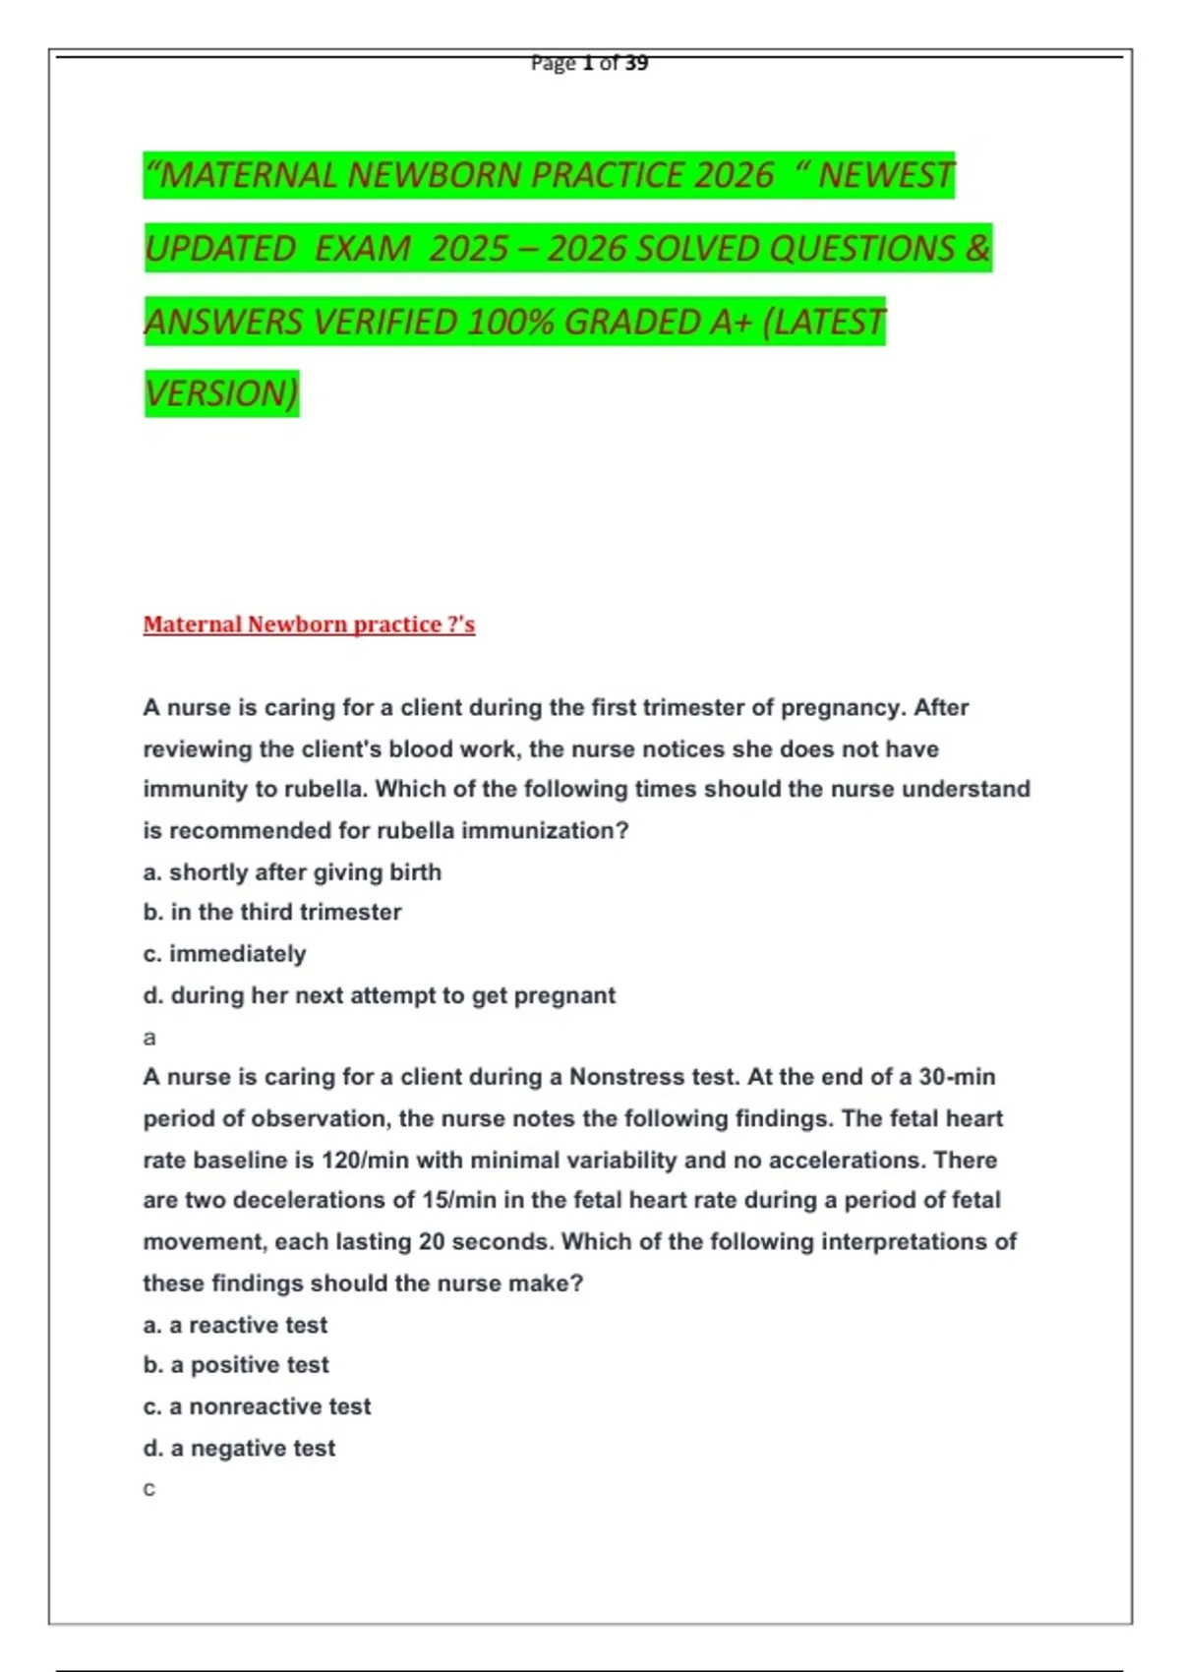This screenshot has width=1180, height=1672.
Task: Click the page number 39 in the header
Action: (636, 63)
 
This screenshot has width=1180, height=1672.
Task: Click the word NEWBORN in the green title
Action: (434, 175)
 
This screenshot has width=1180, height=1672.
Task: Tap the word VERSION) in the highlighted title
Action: (221, 393)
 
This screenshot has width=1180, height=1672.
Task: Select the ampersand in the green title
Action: (977, 248)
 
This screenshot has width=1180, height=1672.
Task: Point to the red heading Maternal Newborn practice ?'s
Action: (309, 625)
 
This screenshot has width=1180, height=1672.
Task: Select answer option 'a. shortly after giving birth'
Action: (292, 872)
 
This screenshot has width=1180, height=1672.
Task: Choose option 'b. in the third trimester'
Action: (272, 913)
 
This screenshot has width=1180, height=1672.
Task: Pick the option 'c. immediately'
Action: (224, 954)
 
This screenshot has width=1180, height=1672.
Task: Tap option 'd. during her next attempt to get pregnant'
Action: (379, 995)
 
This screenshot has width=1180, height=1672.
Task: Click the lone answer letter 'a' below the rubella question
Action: (149, 1038)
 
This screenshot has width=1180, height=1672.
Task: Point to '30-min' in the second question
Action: (956, 1077)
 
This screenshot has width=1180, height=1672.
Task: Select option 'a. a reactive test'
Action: (235, 1325)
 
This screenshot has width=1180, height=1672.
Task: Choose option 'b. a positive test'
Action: (236, 1365)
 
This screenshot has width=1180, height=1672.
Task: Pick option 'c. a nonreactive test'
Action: (257, 1406)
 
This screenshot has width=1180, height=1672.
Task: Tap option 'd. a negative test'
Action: (239, 1448)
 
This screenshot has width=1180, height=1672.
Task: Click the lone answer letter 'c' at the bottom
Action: (149, 1490)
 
